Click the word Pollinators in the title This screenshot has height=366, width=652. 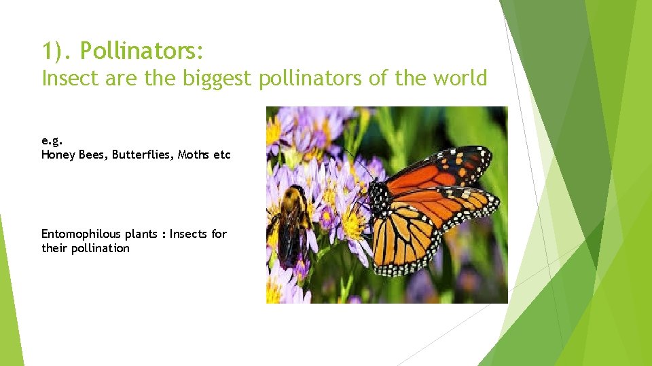143,51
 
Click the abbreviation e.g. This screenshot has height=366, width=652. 51,141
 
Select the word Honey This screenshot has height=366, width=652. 57,155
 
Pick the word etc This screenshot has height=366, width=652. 222,155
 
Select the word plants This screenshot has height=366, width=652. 141,234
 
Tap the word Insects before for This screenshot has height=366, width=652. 188,234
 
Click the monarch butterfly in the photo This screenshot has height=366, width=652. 428,203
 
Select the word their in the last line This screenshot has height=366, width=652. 52,248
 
